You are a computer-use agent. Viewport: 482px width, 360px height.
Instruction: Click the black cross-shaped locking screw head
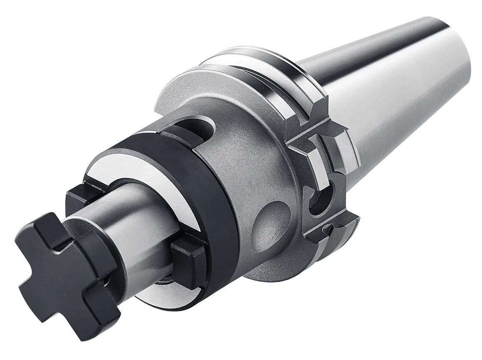pos(66,266)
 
